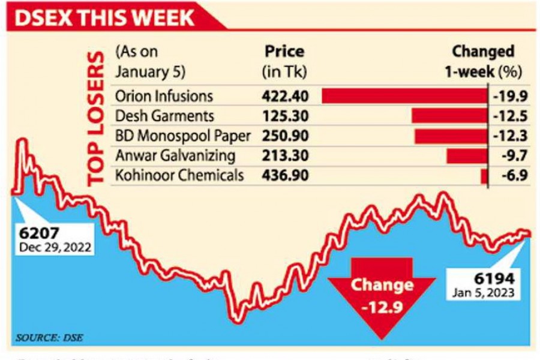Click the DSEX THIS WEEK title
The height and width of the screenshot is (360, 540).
point(105,17)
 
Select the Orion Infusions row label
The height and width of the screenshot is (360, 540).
point(164,96)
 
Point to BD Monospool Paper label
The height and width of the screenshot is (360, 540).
point(182,136)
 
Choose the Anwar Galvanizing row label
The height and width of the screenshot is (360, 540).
point(175,155)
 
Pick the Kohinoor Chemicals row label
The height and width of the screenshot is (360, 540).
point(179,175)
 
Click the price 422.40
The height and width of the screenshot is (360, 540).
point(285,96)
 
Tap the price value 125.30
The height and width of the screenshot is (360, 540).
point(285,116)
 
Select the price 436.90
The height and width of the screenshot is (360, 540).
point(285,175)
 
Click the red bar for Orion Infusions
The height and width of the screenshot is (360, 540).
point(404,96)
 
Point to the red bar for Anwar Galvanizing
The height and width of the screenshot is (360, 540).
point(466,156)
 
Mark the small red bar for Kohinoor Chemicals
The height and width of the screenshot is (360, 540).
point(484,176)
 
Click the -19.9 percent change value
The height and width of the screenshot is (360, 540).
point(508,96)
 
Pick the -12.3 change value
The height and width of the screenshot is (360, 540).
point(508,136)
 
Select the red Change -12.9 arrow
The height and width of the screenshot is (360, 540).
point(382,294)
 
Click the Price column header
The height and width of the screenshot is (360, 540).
point(284,52)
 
